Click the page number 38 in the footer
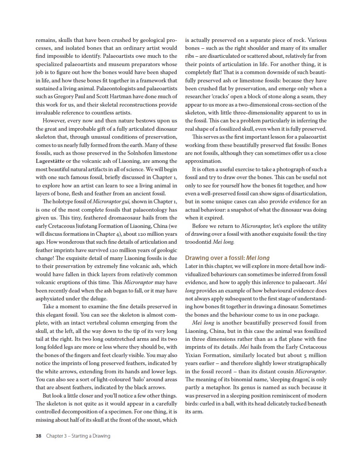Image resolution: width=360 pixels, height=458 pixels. pos(38,436)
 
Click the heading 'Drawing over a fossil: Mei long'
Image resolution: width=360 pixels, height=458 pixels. pos(227,258)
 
